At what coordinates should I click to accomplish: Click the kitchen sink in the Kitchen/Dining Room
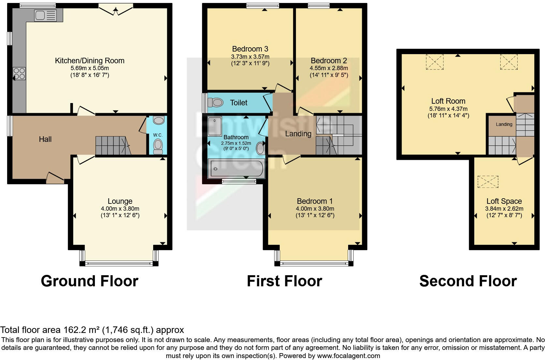45,15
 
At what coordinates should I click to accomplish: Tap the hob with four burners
19,73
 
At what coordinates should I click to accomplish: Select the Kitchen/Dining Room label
90,61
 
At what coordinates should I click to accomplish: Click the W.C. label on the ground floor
158,135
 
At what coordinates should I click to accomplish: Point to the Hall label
45,139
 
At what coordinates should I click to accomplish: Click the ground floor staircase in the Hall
112,145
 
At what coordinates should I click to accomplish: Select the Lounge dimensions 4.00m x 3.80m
120,209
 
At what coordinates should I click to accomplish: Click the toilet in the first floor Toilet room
215,103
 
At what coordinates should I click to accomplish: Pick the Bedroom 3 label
250,49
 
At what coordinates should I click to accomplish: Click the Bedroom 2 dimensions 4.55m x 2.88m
329,68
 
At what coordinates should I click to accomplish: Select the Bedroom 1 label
315,201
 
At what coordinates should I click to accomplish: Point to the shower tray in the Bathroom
215,126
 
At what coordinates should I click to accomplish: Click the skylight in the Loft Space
488,182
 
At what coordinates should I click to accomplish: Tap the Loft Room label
448,101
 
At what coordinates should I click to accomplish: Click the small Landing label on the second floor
504,124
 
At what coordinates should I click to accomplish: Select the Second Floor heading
468,281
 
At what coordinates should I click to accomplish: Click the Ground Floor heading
90,281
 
